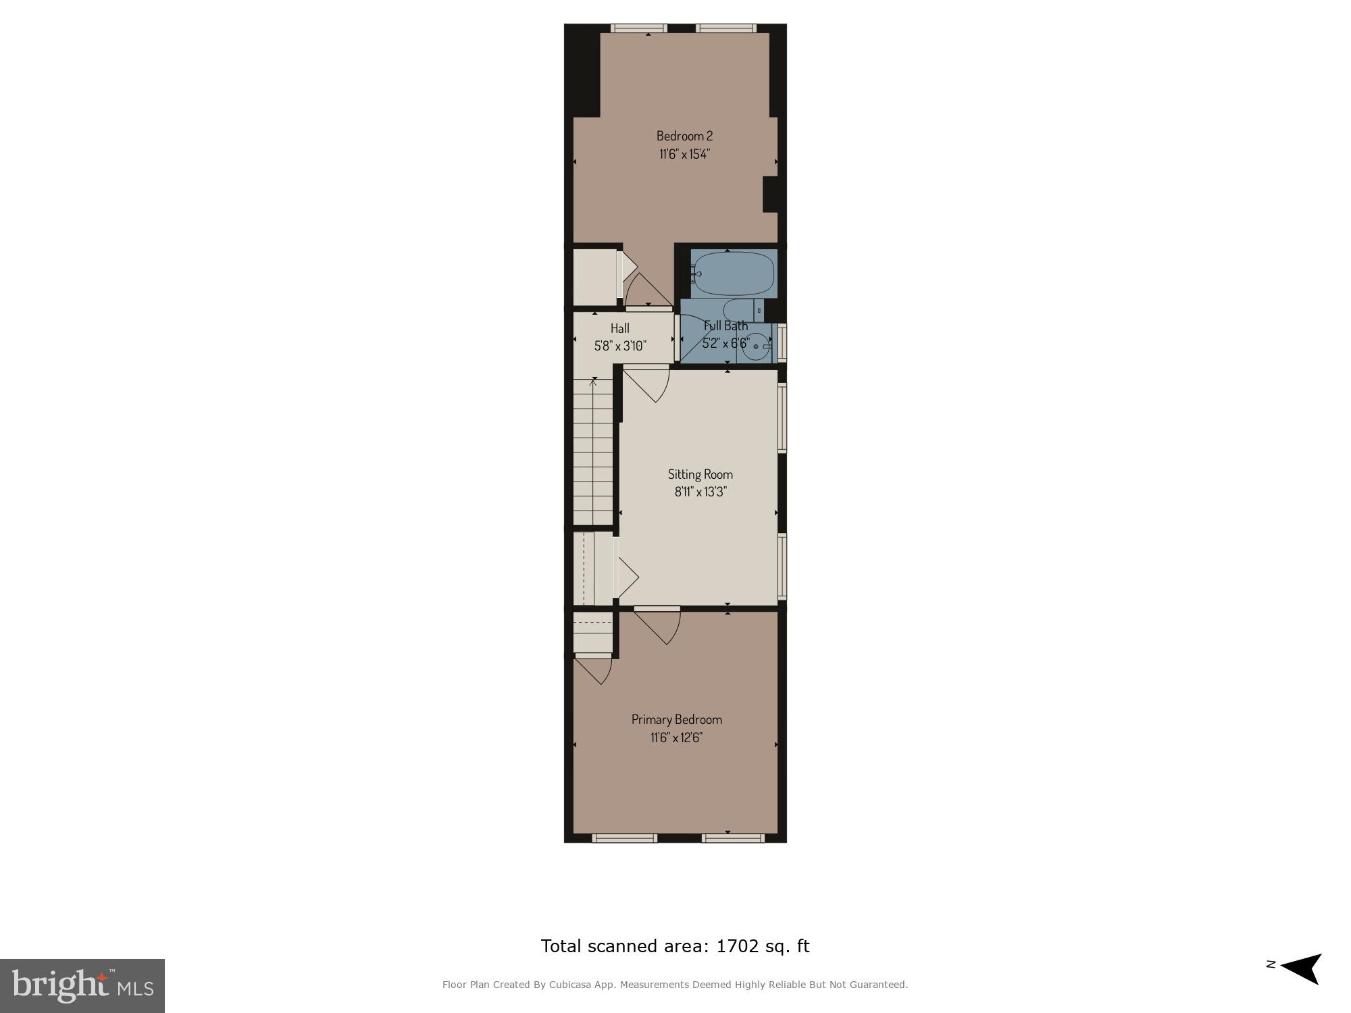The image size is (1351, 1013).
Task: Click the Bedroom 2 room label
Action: (x=684, y=136)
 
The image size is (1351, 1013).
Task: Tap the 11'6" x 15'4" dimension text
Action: (x=684, y=154)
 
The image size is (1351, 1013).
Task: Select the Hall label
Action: (x=619, y=328)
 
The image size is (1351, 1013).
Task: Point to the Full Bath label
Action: (x=725, y=326)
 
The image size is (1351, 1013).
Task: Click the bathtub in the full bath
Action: (x=734, y=274)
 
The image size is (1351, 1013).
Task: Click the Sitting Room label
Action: (x=700, y=474)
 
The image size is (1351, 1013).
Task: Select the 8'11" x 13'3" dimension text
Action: (x=700, y=492)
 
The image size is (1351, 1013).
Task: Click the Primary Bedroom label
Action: (x=676, y=719)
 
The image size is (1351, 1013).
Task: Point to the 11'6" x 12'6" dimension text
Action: (x=676, y=737)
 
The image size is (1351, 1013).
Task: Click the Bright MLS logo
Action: (x=82, y=985)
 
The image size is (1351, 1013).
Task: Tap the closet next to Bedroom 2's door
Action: (x=594, y=277)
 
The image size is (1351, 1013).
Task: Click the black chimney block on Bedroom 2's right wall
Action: (x=770, y=194)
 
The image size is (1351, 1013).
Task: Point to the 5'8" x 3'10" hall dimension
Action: (x=619, y=346)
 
